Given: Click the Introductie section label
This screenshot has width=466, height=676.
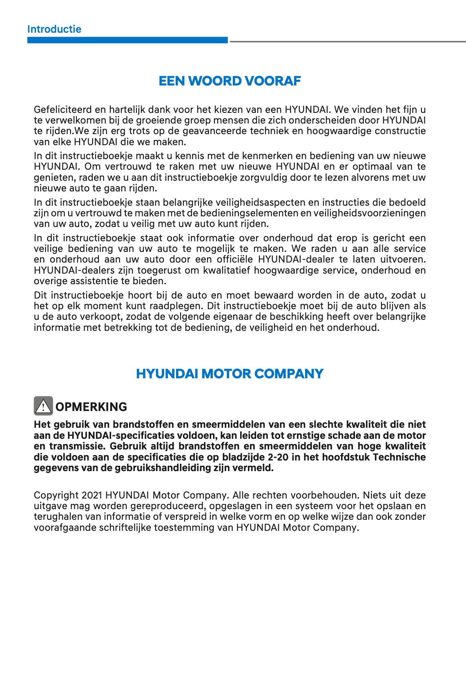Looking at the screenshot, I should (54, 29).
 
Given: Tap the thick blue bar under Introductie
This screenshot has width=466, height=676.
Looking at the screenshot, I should (127, 40).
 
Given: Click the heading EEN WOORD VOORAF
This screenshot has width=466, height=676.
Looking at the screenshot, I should (230, 81).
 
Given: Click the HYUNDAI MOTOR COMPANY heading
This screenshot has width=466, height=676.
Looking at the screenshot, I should (230, 374).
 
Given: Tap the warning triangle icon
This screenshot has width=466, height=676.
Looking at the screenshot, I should (43, 406).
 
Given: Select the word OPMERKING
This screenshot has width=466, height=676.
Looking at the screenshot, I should (91, 407).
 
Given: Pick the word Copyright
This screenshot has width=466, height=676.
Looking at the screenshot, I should (56, 495).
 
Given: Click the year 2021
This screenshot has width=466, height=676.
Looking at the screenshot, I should (92, 495).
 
